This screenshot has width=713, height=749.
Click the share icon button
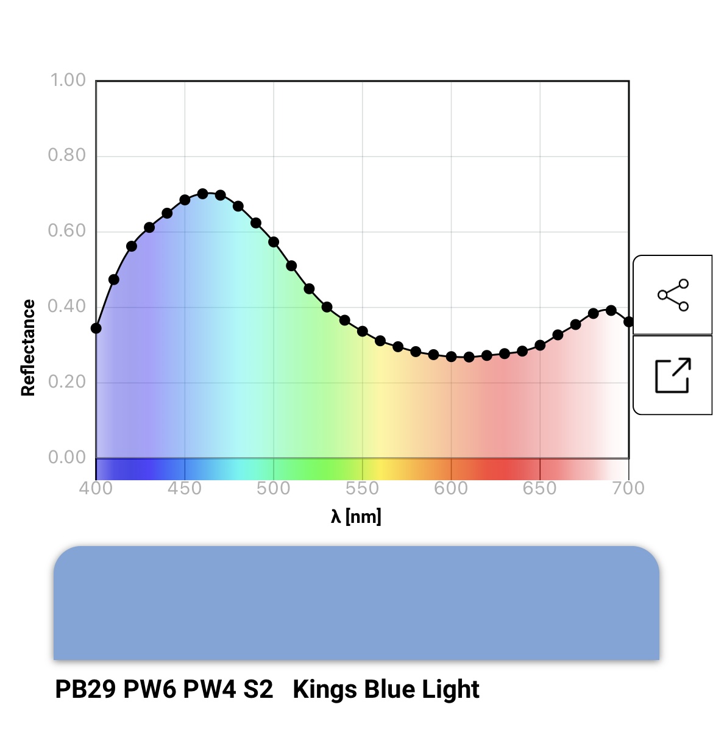673,295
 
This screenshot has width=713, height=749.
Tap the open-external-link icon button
673,375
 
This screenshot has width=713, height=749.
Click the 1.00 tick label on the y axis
68,80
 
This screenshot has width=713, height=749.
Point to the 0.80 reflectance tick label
67,155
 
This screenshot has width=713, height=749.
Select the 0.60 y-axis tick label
67,231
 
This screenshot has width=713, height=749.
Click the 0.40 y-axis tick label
67,306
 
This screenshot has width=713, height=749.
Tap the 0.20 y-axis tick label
67,382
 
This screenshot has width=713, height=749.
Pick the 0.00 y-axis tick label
67,457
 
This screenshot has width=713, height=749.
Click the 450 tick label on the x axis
185,488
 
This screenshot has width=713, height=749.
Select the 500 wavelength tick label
274,488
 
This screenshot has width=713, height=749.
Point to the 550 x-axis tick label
362,488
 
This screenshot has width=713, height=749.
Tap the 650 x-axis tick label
540,488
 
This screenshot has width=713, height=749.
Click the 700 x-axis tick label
628,488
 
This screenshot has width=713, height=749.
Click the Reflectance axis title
28,348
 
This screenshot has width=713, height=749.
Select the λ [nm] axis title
356,517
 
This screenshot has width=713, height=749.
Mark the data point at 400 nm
96,328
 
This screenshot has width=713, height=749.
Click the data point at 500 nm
274,242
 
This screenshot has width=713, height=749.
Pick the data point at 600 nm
451,357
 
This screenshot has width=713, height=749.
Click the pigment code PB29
85,689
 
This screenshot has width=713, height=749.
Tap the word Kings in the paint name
325,689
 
